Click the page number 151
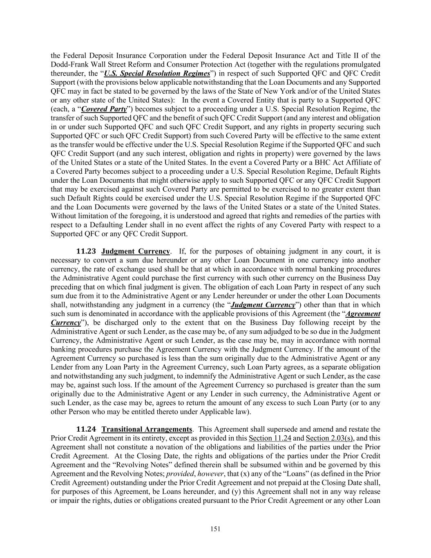(215, 529)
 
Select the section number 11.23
(87, 251)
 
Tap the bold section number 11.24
(87, 429)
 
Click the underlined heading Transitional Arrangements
(147, 429)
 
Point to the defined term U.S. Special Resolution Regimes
(157, 74)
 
